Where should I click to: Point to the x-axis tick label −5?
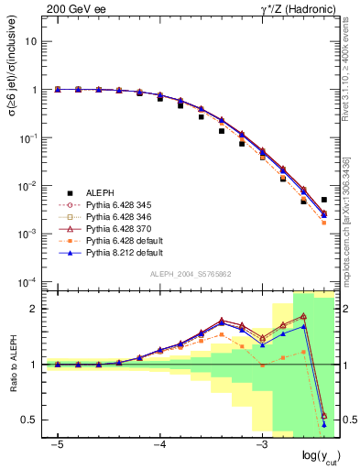pos(57,444)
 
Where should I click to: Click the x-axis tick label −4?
pos(158,444)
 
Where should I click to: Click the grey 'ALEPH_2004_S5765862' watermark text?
pos(191,274)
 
